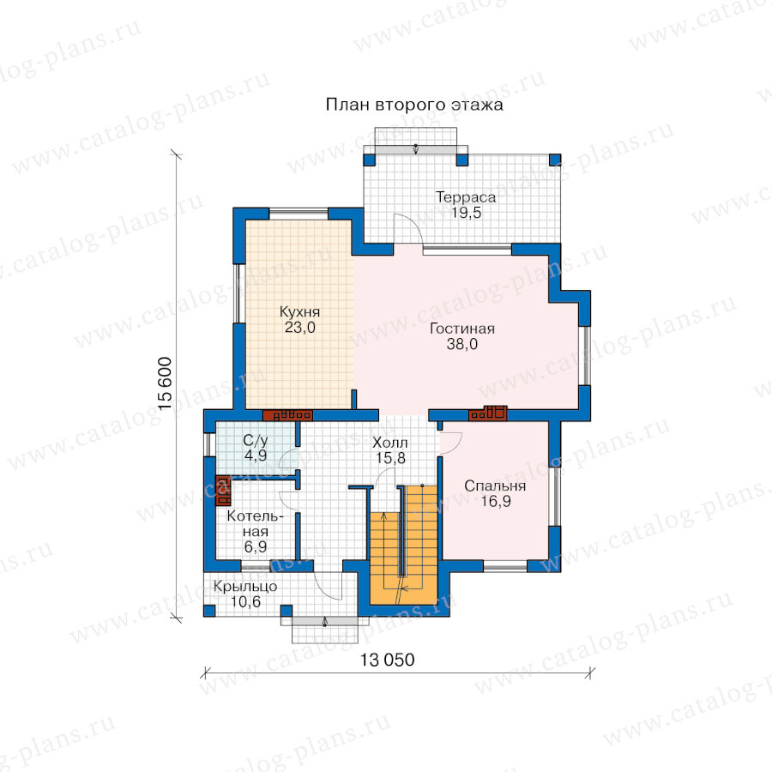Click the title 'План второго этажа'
click(414, 105)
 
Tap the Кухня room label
click(299, 311)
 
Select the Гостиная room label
click(461, 329)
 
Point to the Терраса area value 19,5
click(467, 213)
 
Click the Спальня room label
click(495, 486)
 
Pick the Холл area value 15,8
click(390, 458)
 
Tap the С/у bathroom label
click(255, 440)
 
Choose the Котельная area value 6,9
click(255, 546)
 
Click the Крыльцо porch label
click(245, 587)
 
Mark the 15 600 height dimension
click(165, 383)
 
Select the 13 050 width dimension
click(387, 660)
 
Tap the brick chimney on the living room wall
click(487, 413)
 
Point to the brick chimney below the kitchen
click(287, 415)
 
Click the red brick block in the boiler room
click(223, 491)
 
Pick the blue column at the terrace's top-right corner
click(555, 160)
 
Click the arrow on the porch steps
click(324, 621)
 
